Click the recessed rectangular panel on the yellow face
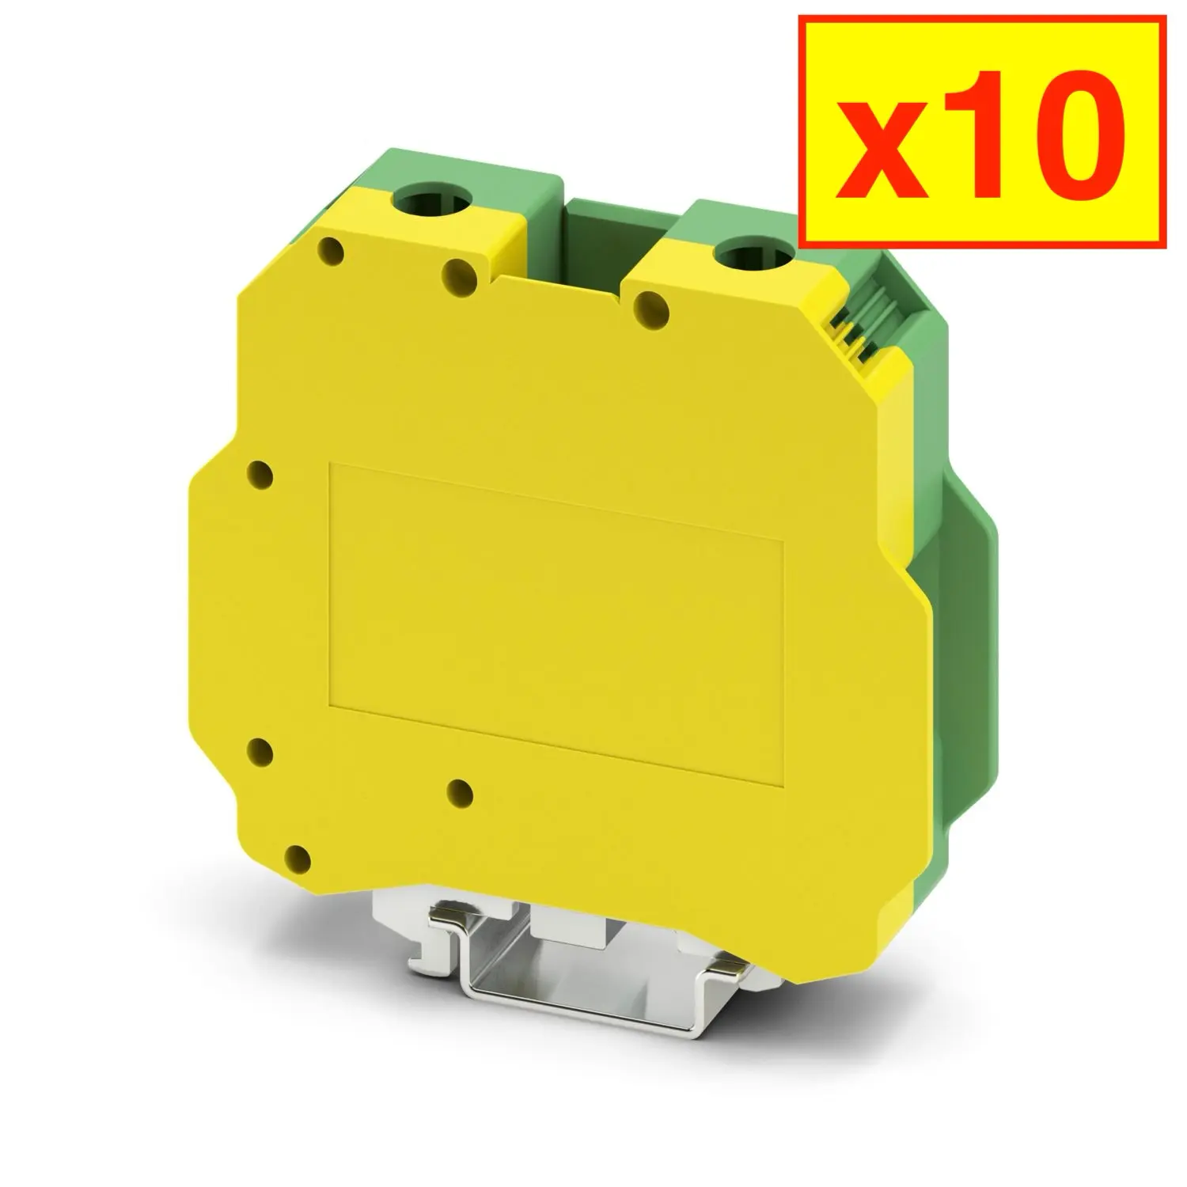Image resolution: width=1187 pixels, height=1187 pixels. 554,601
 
